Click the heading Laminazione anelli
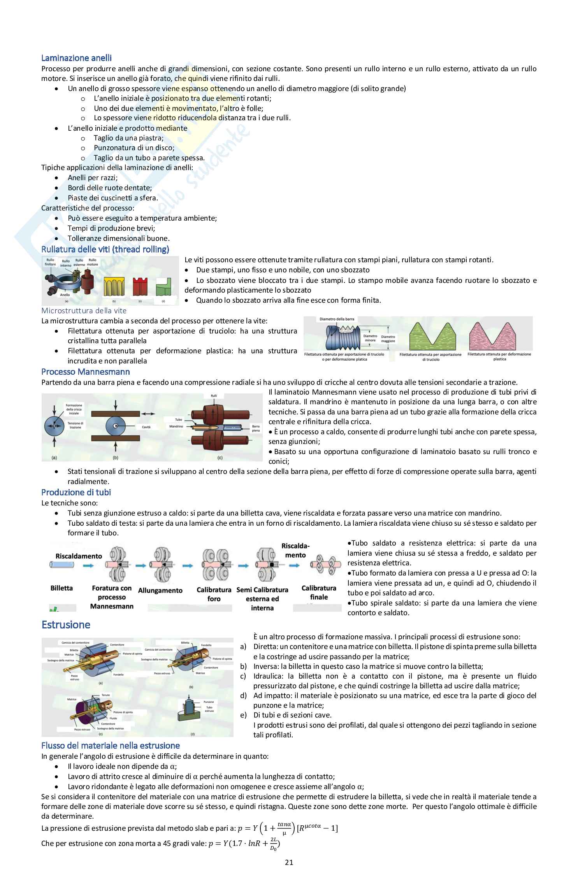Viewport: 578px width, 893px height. (76, 58)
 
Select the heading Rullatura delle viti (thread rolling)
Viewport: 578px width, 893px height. (105, 249)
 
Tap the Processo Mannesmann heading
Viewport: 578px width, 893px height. (86, 372)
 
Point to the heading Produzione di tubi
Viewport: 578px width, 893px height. (76, 492)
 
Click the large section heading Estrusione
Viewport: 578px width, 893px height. (66, 625)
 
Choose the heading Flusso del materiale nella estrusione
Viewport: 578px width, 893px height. (111, 746)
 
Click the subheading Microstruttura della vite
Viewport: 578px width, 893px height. (84, 311)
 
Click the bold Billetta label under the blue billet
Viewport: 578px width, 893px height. (61, 588)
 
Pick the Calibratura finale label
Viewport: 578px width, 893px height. (319, 592)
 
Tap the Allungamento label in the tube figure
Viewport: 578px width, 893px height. (160, 590)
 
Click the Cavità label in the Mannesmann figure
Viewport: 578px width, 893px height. (146, 427)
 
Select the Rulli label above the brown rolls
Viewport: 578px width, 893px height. (214, 396)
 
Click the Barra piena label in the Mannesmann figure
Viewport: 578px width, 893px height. (256, 428)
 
